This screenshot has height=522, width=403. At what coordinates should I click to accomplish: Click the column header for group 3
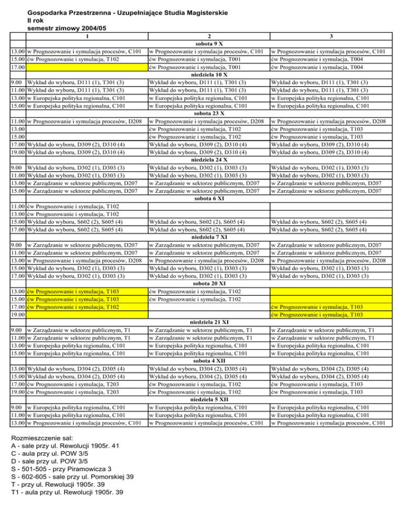(x=335, y=36)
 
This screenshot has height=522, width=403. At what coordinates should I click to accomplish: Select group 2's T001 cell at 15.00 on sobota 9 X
(x=209, y=59)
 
